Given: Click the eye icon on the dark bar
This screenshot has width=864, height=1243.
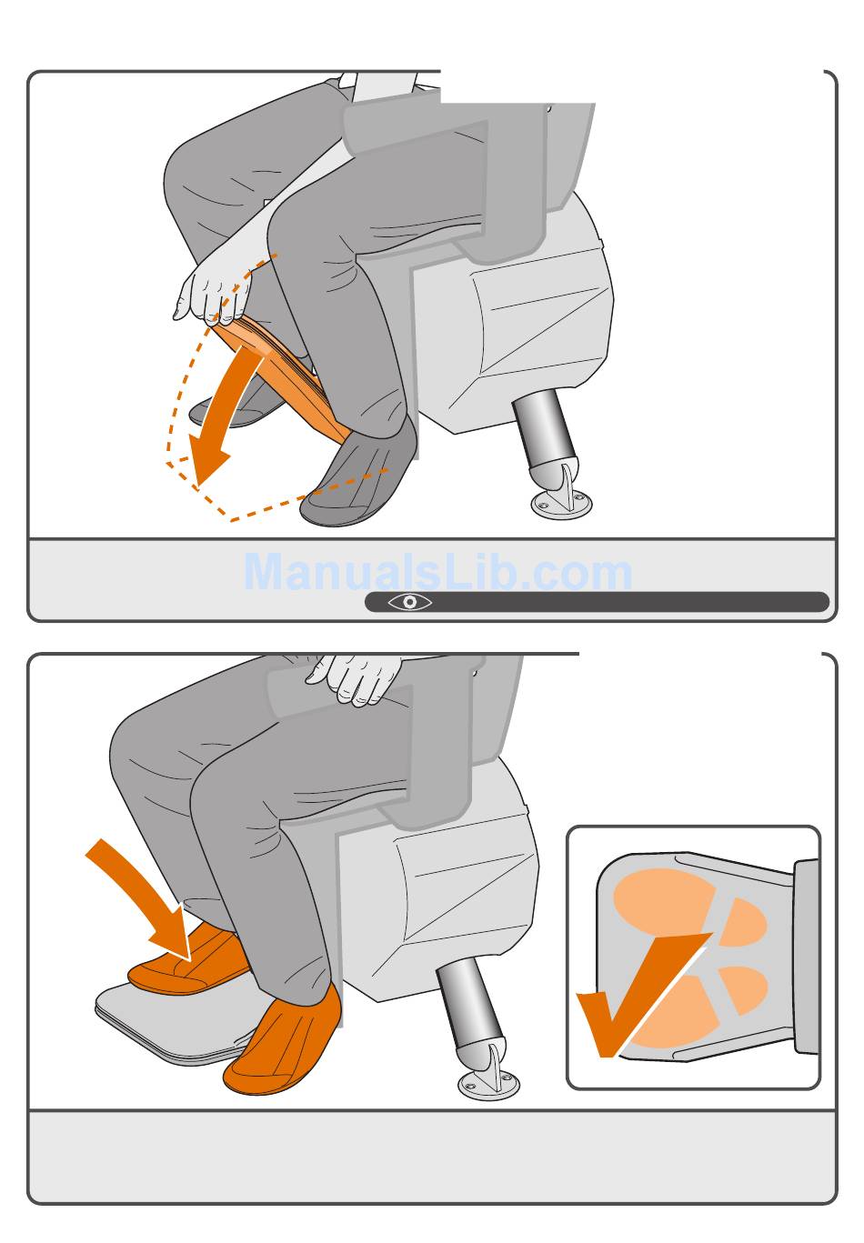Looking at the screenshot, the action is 409,602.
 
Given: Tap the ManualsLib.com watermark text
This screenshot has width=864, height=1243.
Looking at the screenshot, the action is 437,572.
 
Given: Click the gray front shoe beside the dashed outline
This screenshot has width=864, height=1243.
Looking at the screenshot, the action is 358,476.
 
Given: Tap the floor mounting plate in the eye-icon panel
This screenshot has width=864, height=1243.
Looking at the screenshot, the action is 561,504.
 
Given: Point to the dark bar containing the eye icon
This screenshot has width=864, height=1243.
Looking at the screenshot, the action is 598,602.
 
